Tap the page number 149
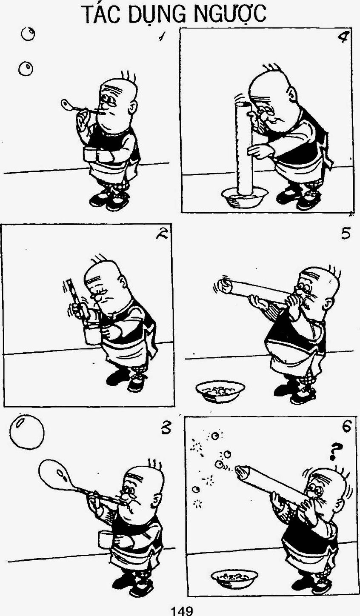coord(182,611)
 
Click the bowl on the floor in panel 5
coord(220,391)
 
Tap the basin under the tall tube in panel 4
coord(245,197)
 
